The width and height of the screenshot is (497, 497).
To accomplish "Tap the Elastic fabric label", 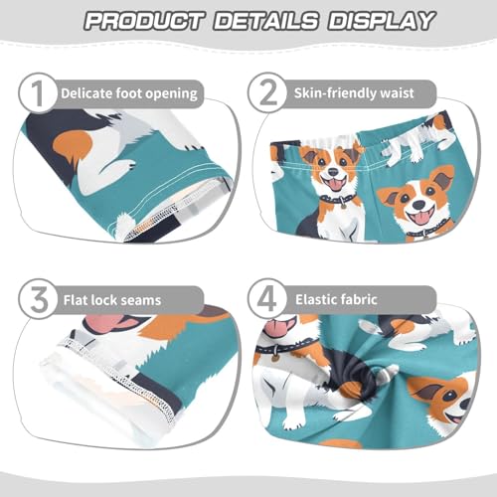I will pos(344,297).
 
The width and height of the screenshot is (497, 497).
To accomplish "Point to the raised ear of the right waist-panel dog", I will pos(441,179).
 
